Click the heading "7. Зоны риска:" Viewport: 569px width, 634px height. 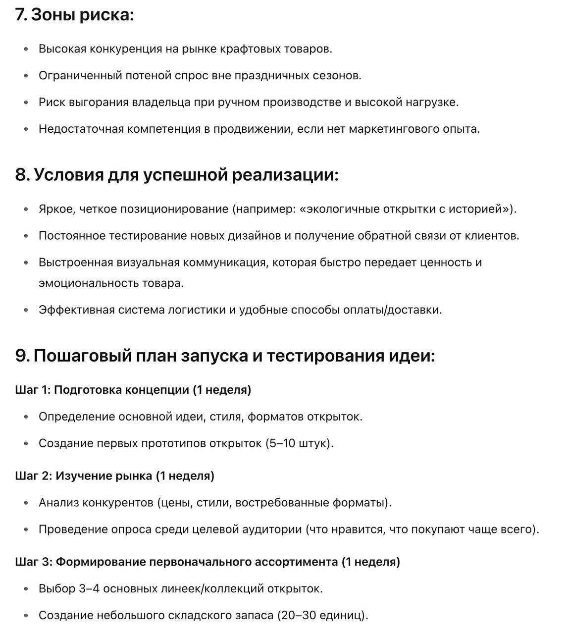[75, 15]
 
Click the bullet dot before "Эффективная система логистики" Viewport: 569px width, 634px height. [26, 311]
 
